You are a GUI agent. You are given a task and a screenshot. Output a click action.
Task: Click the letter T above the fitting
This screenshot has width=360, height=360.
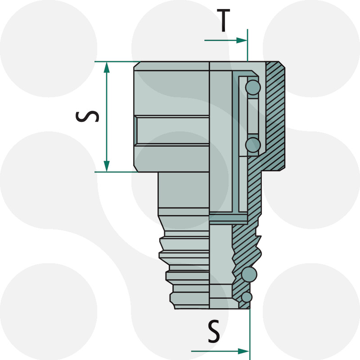pos(223,21)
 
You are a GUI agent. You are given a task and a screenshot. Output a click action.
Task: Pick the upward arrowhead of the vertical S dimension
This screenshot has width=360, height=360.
pos(107,67)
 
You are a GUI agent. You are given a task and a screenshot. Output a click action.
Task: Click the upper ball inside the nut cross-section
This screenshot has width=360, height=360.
pos(253,87)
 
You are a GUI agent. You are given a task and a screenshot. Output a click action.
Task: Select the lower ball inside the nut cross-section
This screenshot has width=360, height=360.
pos(253,144)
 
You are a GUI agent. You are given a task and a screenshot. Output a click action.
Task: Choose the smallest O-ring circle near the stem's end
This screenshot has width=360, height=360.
pos(246,297)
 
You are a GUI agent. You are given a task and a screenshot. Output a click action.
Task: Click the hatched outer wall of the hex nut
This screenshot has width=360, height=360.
pos(275,117)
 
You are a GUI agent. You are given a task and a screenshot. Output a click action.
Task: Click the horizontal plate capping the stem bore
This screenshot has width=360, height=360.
pos(229,219)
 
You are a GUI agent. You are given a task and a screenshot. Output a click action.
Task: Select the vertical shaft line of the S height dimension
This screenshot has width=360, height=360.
pos(107,117)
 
